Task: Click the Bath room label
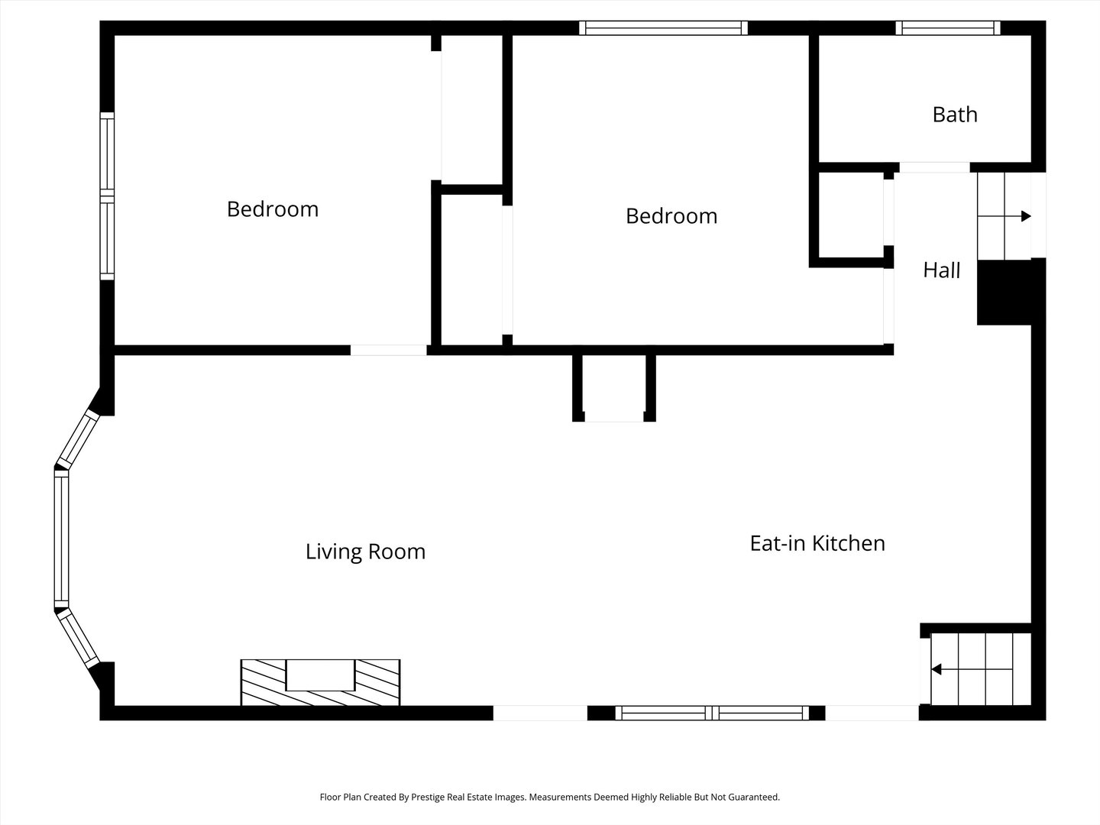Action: coord(954,115)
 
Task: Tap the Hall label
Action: coord(941,270)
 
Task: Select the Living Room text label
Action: coord(365,552)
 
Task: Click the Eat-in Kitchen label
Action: coord(817,543)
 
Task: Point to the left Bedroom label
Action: coord(272,209)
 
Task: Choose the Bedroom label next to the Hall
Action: coord(671,216)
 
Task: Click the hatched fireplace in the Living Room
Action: coord(320,682)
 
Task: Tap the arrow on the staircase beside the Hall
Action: coord(1025,216)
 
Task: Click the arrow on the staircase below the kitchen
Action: coord(936,670)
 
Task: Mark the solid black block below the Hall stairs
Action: coord(1005,293)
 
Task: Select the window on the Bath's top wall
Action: coord(947,28)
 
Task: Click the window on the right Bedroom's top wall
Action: coord(662,28)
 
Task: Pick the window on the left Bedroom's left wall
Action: coord(107,196)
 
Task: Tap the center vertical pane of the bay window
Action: coord(61,539)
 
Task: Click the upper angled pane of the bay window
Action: coord(78,438)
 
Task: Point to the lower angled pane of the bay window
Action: coord(79,639)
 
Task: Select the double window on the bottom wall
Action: coord(711,713)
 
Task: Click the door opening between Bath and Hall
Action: coord(934,167)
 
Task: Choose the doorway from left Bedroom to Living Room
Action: coord(388,350)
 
